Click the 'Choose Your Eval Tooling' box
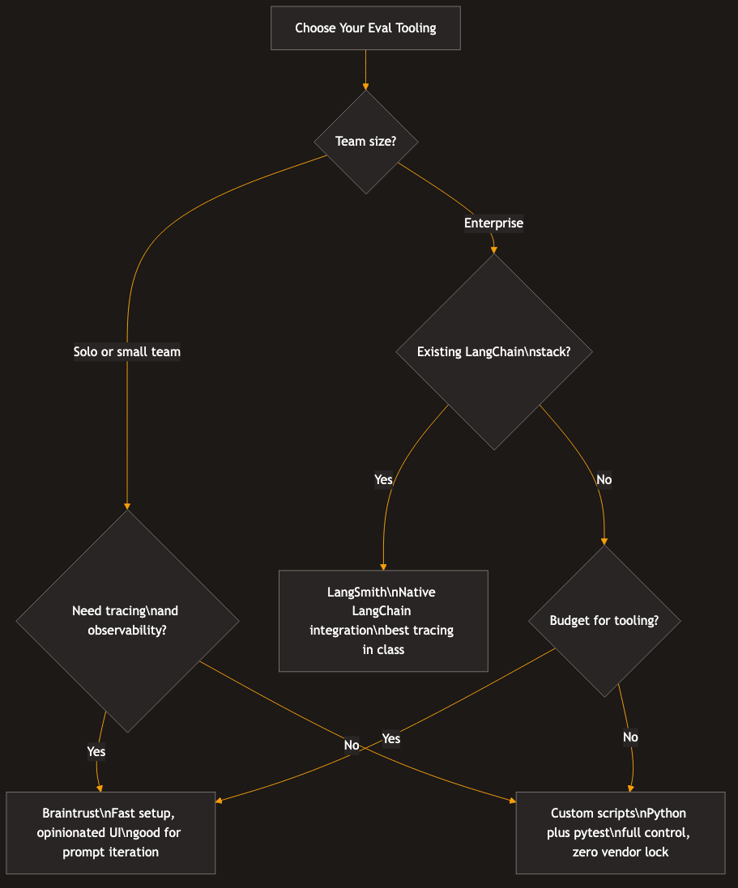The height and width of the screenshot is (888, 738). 365,28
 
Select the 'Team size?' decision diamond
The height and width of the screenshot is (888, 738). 365,142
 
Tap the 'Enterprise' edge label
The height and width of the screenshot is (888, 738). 493,223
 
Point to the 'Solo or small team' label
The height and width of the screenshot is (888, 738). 127,351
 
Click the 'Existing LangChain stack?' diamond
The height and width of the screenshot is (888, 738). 493,352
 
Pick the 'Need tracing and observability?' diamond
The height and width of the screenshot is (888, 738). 127,621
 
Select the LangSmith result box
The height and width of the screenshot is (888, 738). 383,621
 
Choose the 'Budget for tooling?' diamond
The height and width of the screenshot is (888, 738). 604,621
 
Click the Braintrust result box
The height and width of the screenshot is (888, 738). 111,833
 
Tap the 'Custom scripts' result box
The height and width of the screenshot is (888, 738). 620,833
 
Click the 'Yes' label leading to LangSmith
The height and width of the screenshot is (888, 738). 383,479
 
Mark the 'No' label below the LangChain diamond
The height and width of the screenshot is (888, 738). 604,479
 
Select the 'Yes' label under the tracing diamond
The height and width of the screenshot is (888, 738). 96,751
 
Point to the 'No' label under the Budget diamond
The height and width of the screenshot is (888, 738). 630,737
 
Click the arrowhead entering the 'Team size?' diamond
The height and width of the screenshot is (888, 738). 365,86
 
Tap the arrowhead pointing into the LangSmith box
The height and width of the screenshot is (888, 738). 383,566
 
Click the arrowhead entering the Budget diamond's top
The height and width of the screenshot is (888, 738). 604,541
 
